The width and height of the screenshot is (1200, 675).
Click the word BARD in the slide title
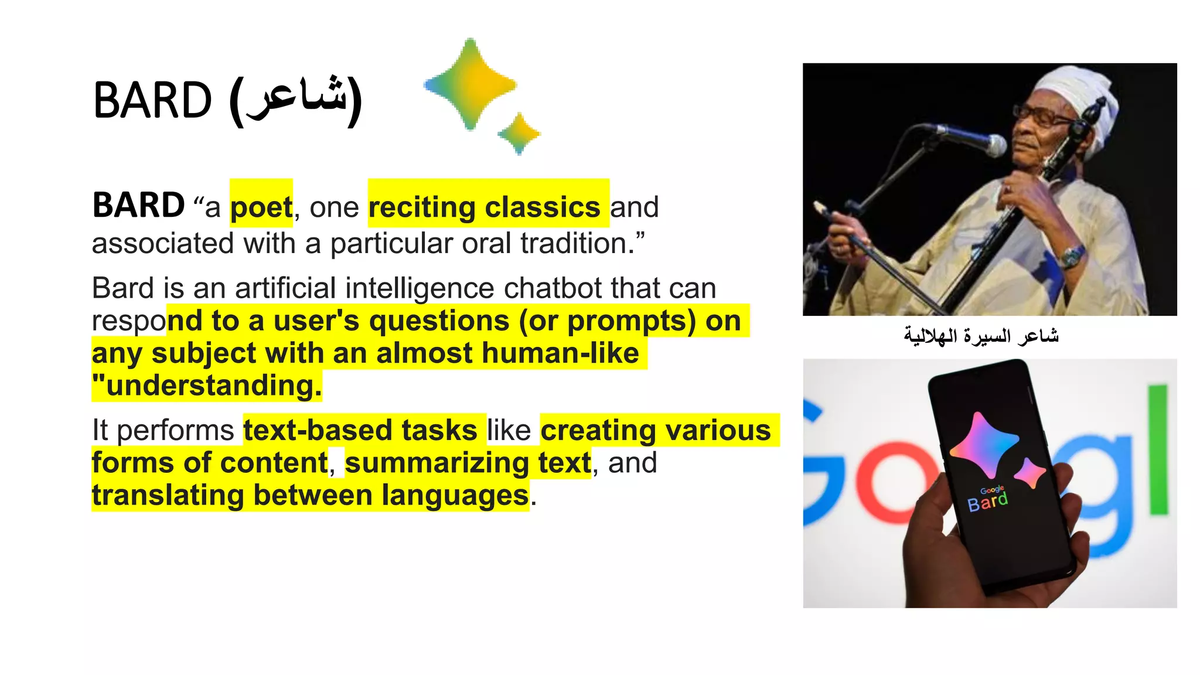(152, 101)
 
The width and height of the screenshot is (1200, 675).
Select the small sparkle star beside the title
(519, 134)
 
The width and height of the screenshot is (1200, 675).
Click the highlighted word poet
(261, 207)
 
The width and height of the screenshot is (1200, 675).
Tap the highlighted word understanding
(213, 386)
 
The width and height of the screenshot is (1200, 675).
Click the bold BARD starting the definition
(138, 206)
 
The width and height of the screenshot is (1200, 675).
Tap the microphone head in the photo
(994, 144)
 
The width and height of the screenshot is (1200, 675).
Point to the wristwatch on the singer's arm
(1072, 256)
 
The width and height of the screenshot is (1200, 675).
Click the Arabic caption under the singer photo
(981, 336)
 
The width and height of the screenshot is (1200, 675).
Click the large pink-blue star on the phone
(983, 444)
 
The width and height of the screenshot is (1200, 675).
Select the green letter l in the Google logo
(1157, 449)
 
